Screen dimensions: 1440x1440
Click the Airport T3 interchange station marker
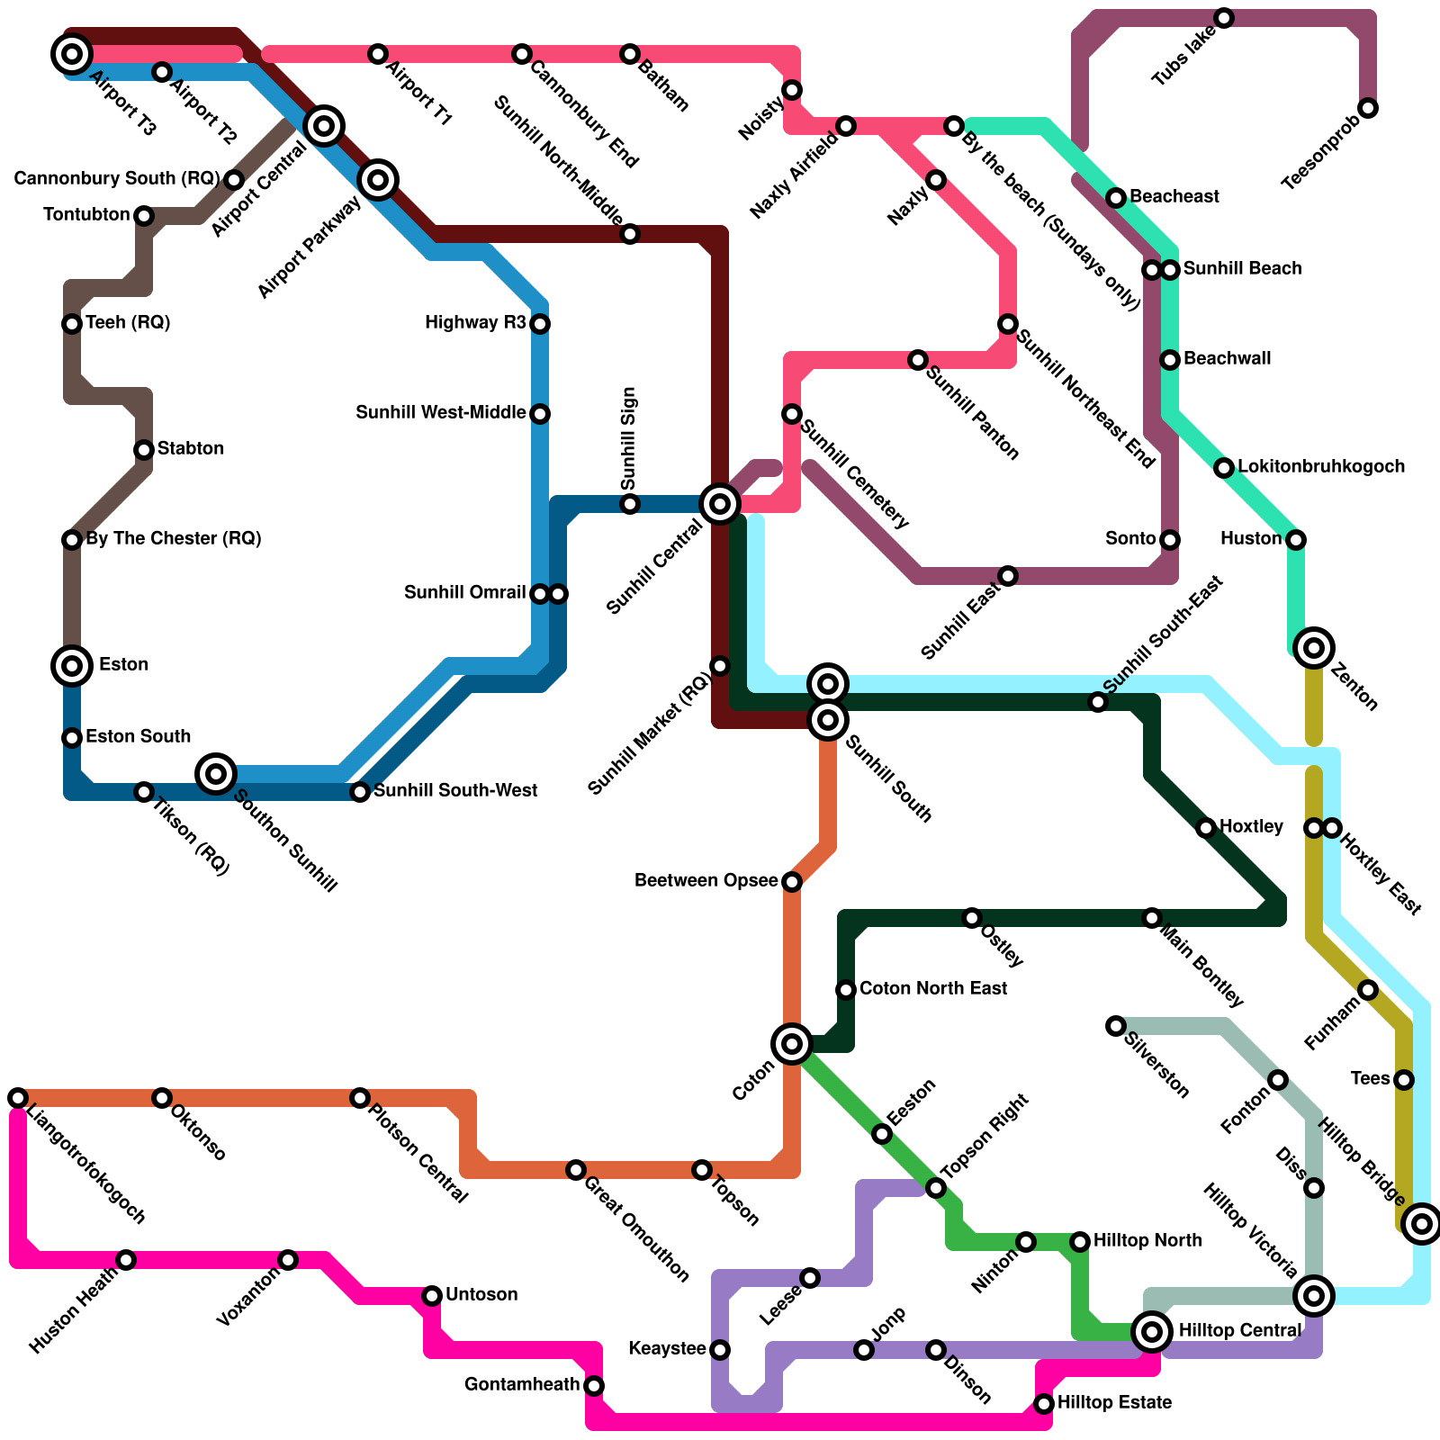pos(72,54)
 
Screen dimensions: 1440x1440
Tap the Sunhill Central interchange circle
pos(720,504)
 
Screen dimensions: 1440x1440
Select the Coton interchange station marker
pos(792,1044)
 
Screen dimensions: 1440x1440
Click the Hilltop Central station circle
pos(1152,1332)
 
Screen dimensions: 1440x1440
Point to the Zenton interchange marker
pos(1314,648)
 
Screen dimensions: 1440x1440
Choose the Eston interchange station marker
pos(72,666)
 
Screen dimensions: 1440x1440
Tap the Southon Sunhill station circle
pos(216,774)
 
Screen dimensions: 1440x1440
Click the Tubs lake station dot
pos(1224,18)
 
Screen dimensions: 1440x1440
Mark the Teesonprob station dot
pos(1368,108)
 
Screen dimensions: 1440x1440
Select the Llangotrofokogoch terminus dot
pos(18,1098)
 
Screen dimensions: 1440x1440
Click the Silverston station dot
pos(1116,1026)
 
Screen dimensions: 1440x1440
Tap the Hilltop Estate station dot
pos(1044,1404)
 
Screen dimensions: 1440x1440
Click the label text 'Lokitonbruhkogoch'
pos(1320,466)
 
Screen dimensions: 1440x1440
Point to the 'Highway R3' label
pos(475,322)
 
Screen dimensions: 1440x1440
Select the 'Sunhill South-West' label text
pos(455,790)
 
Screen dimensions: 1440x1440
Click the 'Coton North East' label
pos(932,988)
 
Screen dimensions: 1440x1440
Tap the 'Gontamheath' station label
pos(522,1384)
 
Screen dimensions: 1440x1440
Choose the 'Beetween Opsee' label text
pos(706,880)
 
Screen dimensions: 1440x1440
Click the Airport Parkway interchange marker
pos(378,180)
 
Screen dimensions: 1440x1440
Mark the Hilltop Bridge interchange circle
pos(1422,1224)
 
